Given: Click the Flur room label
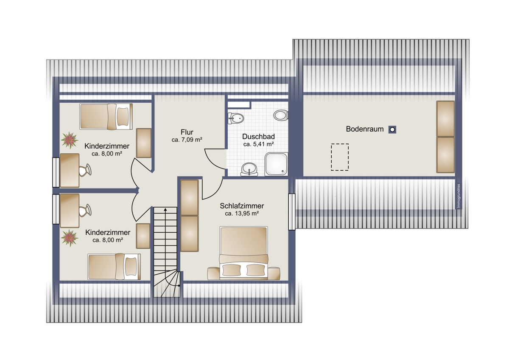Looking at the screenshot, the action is pos(187,132).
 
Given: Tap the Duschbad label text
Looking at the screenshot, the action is pos(258,136).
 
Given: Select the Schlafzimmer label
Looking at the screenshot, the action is pos(242,206).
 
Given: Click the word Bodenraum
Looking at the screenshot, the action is pos(365,129).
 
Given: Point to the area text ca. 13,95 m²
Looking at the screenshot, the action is pos(242,214).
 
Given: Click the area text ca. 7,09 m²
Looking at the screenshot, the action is pos(187,140).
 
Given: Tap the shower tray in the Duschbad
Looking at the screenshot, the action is pos(276,164).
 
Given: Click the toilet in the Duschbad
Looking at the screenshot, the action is pos(281,115).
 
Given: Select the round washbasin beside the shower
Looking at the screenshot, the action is pos(249,169).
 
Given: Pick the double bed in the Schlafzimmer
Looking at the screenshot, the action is pos(243,253).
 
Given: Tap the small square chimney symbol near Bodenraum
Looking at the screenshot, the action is pos(392,129).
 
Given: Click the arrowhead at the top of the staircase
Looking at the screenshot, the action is pos(165,209).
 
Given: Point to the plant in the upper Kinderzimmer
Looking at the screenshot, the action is pos(70,141).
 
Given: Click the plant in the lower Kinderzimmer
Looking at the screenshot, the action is pos(70,238).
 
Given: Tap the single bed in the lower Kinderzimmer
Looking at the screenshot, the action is pos(114,267).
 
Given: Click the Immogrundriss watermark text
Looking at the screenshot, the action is pos(459,196).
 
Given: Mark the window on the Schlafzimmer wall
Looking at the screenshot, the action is pos(292,212).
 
